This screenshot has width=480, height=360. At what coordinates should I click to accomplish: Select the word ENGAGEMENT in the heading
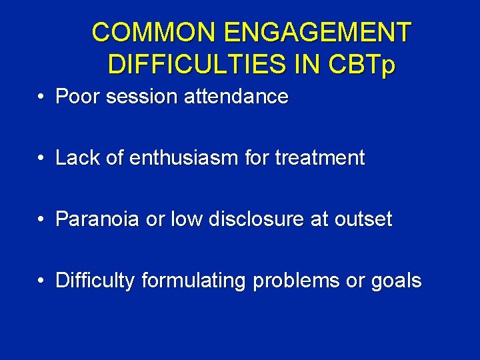(320, 31)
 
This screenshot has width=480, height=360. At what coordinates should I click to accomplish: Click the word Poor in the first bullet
(76, 97)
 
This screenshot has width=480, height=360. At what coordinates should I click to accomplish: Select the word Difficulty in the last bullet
(95, 281)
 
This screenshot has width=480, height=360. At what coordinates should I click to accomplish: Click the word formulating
(193, 281)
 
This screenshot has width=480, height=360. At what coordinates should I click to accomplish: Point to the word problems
(297, 281)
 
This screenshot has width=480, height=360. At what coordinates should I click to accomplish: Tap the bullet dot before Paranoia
(41, 220)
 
